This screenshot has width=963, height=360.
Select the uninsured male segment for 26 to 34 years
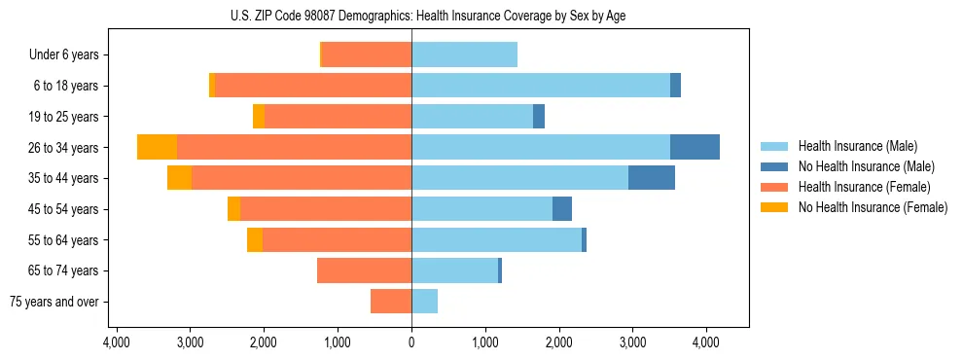coord(695,147)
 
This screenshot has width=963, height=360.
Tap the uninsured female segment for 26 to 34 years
coord(157,147)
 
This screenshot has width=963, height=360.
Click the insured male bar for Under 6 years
coord(464,54)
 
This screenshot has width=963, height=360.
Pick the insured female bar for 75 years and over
coord(391,302)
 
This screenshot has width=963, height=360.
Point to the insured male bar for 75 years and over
coord(425,302)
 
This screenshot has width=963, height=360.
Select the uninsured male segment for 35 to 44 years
coord(652,178)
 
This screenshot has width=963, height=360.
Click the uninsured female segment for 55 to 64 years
coord(255,240)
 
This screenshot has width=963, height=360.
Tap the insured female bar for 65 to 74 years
coord(365,270)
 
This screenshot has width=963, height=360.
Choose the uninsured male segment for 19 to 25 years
coord(539,117)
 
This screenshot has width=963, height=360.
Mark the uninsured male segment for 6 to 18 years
coord(675,86)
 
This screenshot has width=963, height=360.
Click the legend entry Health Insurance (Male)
coord(857,146)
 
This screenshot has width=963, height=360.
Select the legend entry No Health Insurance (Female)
coord(873,207)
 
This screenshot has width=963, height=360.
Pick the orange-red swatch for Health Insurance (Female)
coord(774,187)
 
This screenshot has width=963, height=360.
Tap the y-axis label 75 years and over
coord(54,302)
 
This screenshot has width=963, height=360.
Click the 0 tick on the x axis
coord(411,342)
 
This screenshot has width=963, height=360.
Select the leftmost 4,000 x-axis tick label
coord(116,342)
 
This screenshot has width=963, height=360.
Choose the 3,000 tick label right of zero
coord(632,342)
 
